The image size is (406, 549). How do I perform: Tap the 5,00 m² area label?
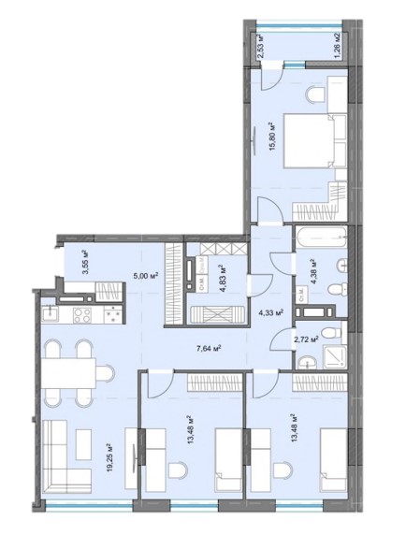pos(143,275)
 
